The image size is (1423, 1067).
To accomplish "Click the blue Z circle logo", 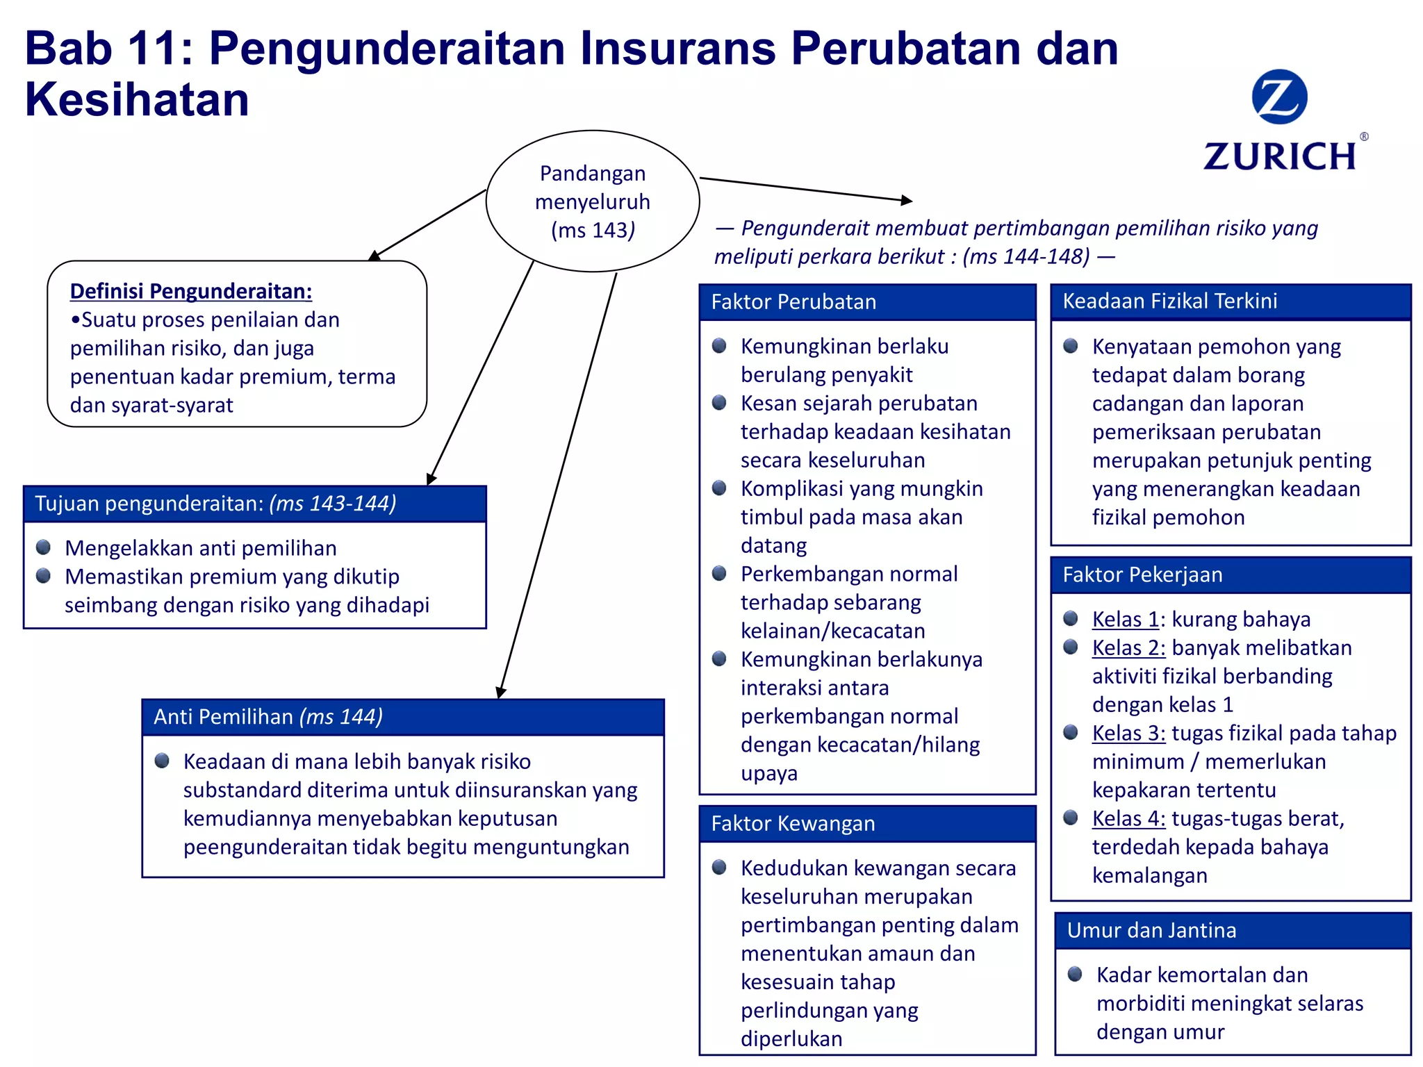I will pyautogui.click(x=1279, y=97).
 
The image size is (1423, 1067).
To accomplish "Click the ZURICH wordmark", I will pyautogui.click(x=1280, y=156).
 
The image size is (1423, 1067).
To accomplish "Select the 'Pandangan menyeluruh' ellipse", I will pyautogui.click(x=593, y=201).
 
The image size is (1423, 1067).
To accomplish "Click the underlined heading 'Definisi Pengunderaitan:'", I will pyautogui.click(x=191, y=291).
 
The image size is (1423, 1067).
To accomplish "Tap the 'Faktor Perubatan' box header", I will pyautogui.click(x=867, y=302).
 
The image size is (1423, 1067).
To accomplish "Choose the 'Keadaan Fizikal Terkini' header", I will pyautogui.click(x=1231, y=301).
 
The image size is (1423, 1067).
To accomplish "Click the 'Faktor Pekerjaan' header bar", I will pyautogui.click(x=1231, y=575).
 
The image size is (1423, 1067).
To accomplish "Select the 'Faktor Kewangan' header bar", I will pyautogui.click(x=867, y=824).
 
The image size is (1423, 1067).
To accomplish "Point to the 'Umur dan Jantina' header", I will pyautogui.click(x=1233, y=931).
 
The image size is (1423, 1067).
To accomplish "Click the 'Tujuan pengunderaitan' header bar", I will pyautogui.click(x=254, y=504).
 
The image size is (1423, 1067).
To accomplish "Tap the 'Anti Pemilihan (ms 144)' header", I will pyautogui.click(x=403, y=717).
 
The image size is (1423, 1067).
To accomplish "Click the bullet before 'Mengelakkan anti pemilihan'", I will pyautogui.click(x=44, y=547).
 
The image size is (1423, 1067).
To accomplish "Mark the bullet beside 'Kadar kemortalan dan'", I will pyautogui.click(x=1075, y=974).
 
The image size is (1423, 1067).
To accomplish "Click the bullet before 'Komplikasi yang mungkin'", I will pyautogui.click(x=719, y=488).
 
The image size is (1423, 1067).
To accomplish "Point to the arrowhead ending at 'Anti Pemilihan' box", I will pyautogui.click(x=500, y=693).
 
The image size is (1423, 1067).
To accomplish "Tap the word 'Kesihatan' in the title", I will pyautogui.click(x=137, y=99).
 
